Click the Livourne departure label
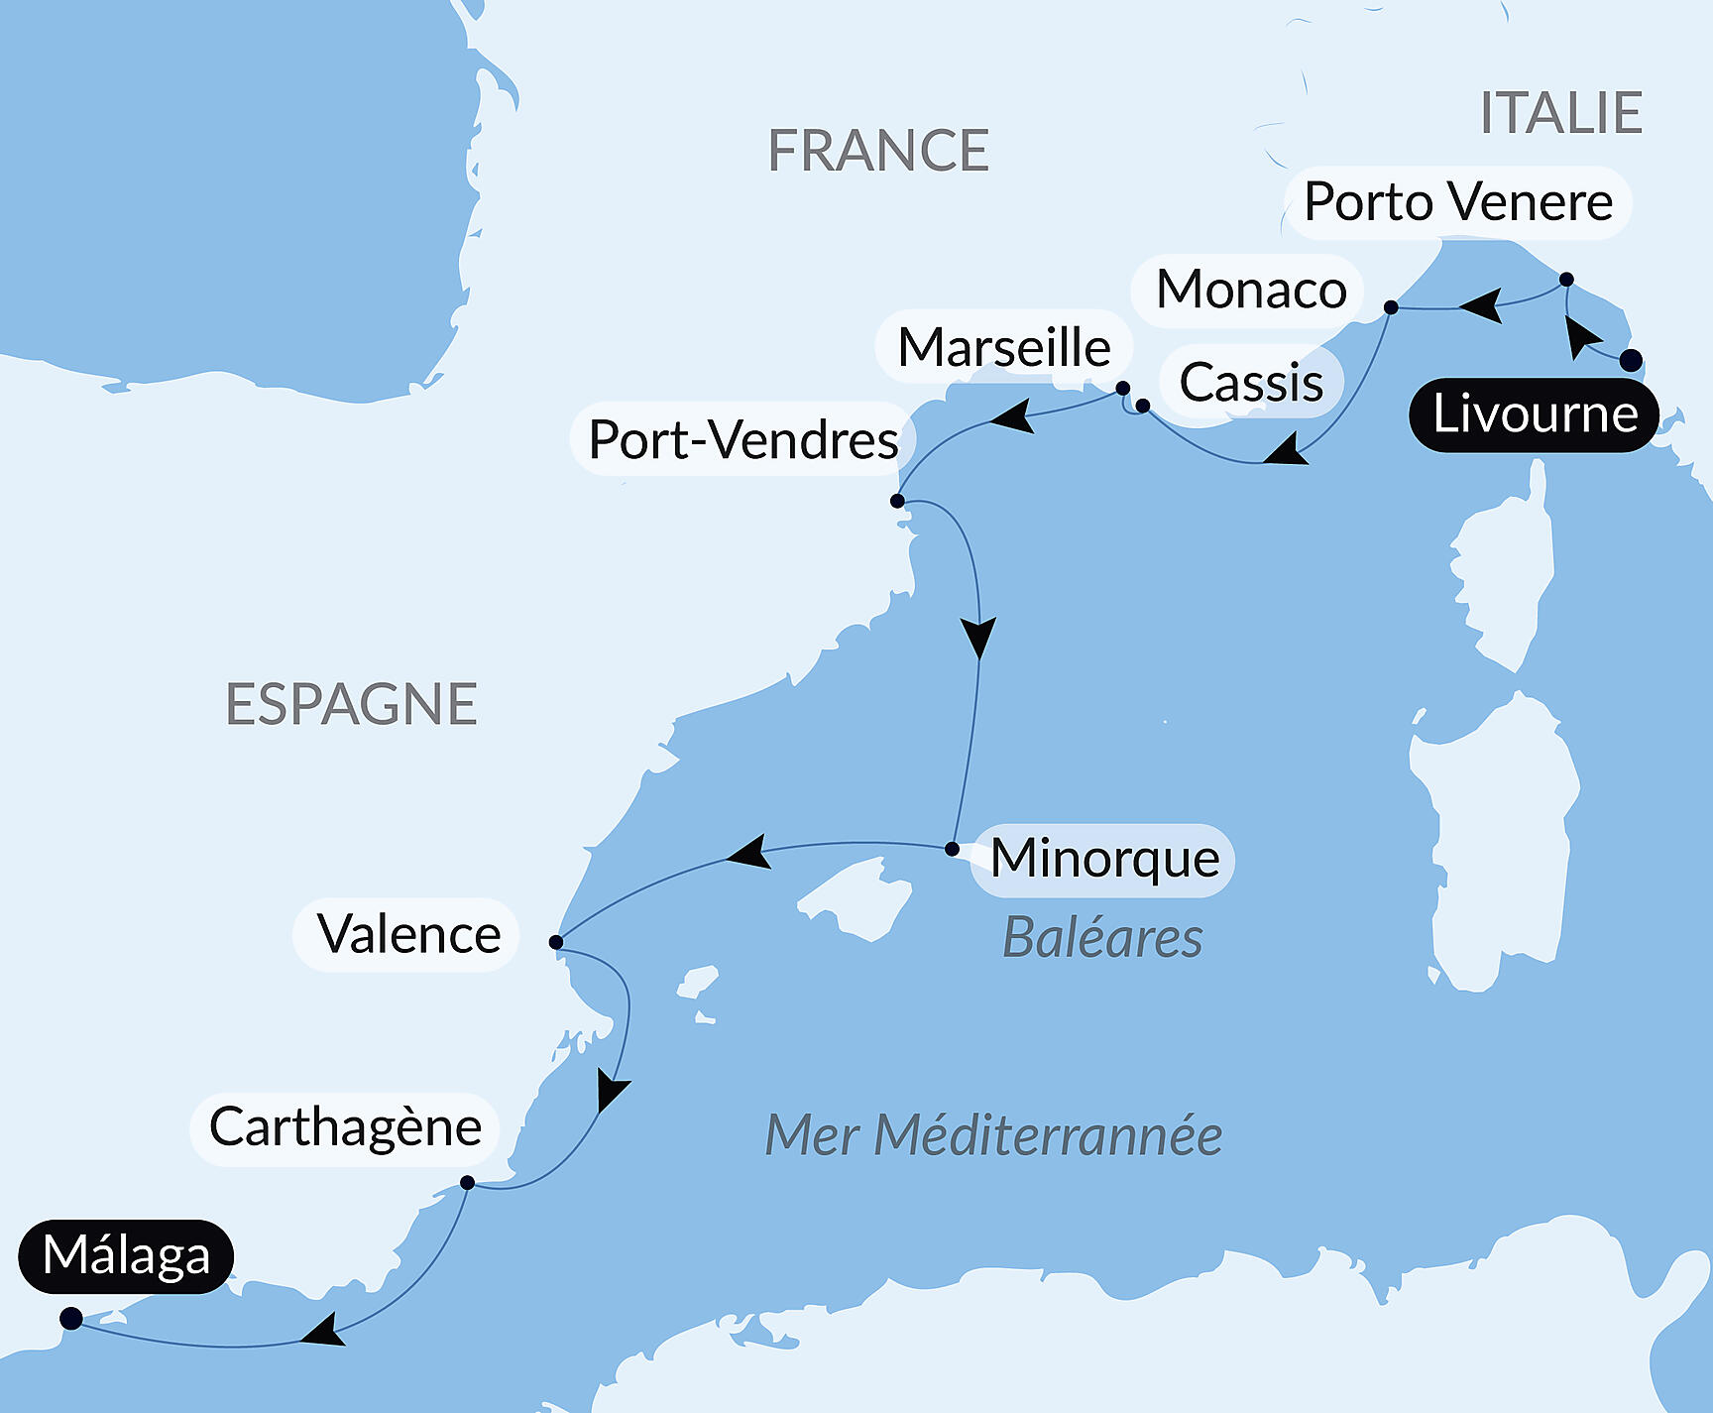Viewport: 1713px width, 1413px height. tap(1534, 414)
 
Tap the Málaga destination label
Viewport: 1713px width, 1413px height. tap(126, 1256)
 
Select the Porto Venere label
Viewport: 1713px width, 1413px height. tap(1457, 202)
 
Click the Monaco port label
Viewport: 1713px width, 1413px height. tap(1250, 290)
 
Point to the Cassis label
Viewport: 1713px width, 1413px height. tap(1251, 383)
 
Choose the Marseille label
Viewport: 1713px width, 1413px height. tap(1003, 348)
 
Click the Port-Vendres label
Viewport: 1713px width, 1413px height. tap(742, 439)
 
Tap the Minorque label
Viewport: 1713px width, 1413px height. tap(1104, 859)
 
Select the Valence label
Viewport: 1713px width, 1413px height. tap(407, 935)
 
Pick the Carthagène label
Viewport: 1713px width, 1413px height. tap(345, 1128)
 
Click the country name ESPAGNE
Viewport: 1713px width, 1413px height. tap(351, 705)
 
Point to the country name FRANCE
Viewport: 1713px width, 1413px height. tap(878, 151)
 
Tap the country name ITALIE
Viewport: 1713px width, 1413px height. tap(1560, 113)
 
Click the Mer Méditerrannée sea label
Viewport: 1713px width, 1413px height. tap(993, 1136)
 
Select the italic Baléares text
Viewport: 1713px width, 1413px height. tap(1102, 938)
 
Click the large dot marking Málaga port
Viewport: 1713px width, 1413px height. tap(71, 1318)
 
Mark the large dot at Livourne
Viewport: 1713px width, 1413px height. tap(1631, 360)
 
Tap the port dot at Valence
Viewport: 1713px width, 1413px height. tap(556, 942)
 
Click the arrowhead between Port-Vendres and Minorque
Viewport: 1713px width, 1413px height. tap(978, 638)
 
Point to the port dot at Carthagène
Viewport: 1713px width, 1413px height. tap(468, 1182)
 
